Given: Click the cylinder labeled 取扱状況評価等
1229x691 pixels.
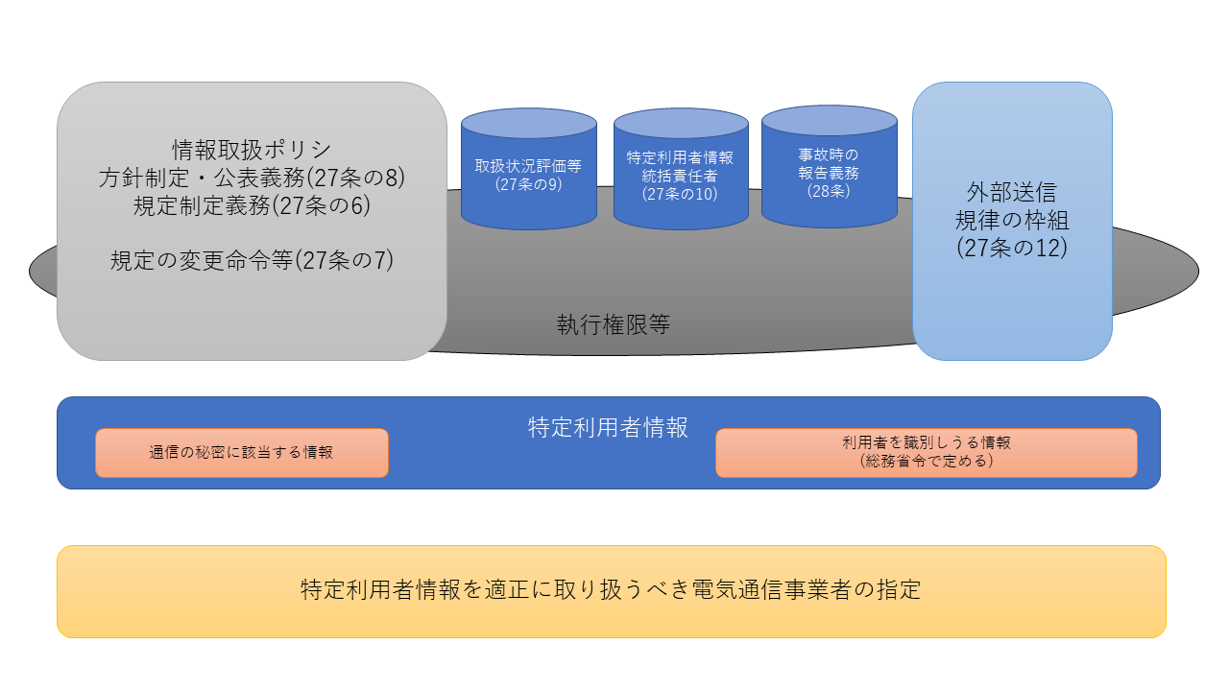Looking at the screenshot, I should [528, 173].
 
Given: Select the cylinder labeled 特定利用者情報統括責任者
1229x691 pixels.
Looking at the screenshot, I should [680, 174].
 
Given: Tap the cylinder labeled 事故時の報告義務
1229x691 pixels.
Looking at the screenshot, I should [829, 172].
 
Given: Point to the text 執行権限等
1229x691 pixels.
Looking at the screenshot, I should [614, 324].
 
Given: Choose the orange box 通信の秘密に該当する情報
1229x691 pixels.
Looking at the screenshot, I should [242, 453].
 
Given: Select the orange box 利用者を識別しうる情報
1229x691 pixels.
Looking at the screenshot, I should [926, 452].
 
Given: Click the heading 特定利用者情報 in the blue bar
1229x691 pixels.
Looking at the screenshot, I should [608, 427].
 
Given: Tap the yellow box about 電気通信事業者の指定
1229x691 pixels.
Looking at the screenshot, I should [611, 590].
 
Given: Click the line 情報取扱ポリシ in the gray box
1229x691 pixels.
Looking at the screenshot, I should [252, 150].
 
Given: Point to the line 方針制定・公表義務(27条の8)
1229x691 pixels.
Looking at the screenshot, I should [252, 178].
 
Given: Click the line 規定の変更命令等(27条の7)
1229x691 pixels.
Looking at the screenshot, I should [252, 260].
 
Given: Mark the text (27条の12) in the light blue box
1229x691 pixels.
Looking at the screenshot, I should [1012, 248].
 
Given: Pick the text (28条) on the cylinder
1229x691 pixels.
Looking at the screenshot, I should [829, 190].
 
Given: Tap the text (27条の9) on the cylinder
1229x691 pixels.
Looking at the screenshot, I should [528, 184].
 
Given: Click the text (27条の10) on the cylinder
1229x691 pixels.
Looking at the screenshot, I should [680, 194].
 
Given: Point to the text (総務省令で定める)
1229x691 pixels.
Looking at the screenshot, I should [926, 462].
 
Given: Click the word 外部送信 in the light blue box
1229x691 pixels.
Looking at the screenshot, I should [1012, 192].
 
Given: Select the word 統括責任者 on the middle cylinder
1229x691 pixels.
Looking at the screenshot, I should [680, 176].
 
